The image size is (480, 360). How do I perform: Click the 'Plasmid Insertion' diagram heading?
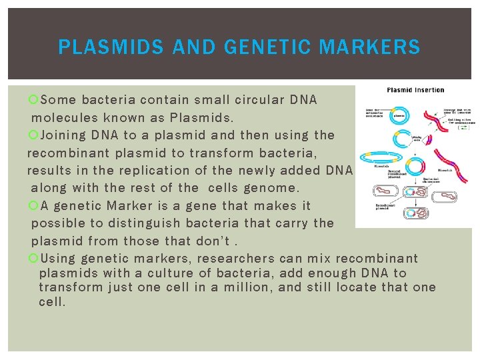coord(415,90)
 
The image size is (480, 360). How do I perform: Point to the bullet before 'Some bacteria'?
coord(35,100)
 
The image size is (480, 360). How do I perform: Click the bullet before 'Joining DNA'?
coord(35,135)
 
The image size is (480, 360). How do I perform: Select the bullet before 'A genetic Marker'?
coord(35,206)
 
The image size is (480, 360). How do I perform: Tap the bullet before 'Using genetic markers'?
coord(35,259)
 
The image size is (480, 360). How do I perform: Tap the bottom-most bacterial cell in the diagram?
coord(418,213)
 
